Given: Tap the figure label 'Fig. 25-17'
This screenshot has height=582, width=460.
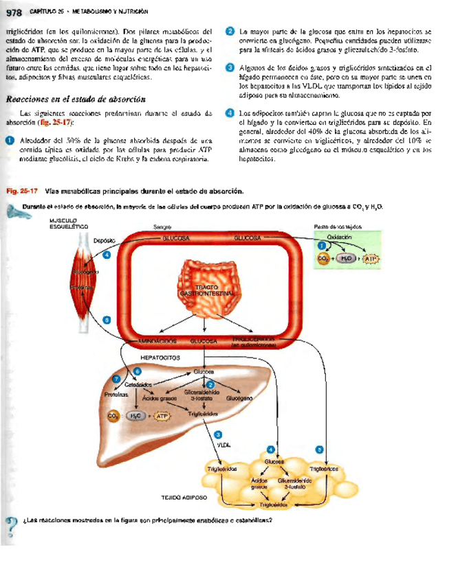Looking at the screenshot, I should tap(21, 191).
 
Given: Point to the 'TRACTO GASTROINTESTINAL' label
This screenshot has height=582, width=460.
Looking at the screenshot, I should tap(207, 290).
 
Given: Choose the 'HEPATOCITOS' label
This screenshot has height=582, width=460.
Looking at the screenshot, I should tap(160, 358).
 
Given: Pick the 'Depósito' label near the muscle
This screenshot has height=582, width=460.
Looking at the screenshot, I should tap(104, 240).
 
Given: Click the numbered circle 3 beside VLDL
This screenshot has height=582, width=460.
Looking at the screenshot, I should tap(219, 434).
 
